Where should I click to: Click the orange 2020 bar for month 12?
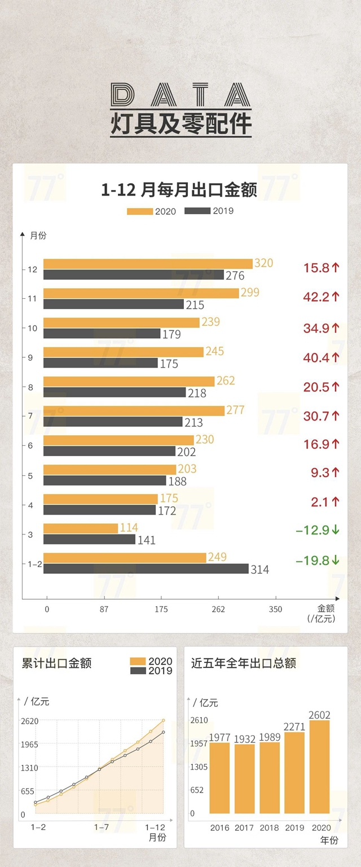tap(148, 264)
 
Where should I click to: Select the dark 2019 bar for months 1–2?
tap(146, 569)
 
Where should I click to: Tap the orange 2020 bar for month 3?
tap(81, 528)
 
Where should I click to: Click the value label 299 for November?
tap(250, 293)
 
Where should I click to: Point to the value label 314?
tap(259, 570)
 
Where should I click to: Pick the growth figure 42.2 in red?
tap(316, 297)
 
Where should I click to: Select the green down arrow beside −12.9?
tap(336, 530)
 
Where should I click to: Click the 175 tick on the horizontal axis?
tap(161, 609)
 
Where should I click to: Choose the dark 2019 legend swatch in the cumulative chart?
tap(138, 671)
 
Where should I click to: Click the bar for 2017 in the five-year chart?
tap(244, 778)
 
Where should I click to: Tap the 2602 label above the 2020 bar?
tap(319, 713)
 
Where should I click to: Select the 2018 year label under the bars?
tap(269, 828)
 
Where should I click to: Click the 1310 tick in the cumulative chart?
tap(29, 768)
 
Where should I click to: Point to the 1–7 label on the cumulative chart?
tap(102, 827)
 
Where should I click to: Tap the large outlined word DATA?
tap(180, 96)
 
